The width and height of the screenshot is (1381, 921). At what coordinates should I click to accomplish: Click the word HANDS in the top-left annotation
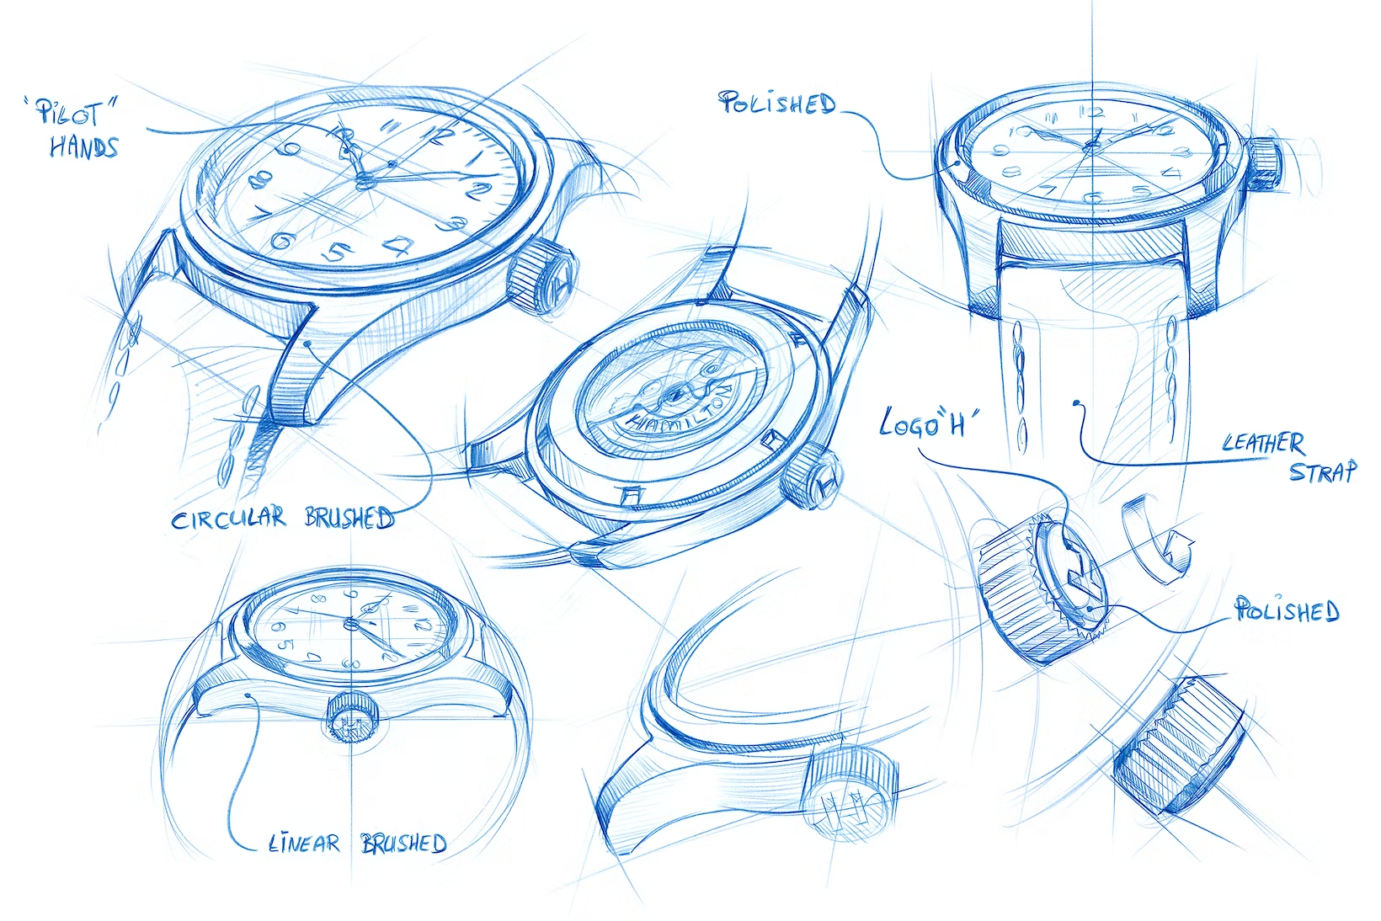[x=83, y=148]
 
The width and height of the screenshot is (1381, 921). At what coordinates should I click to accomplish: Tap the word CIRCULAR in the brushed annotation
[x=228, y=519]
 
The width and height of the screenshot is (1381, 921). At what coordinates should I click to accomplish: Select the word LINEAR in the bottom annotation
[x=304, y=844]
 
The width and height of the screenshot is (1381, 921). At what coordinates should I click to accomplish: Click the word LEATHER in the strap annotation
[x=1263, y=442]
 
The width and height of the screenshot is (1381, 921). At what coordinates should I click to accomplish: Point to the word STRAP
[x=1323, y=471]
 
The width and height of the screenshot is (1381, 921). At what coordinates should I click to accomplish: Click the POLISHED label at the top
[x=777, y=104]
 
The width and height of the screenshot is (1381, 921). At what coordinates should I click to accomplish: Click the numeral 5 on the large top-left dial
[x=337, y=251]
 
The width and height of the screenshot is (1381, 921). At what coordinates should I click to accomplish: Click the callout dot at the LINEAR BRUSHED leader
[x=250, y=695]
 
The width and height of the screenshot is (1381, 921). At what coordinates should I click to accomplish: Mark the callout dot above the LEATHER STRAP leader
[x=1076, y=405]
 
